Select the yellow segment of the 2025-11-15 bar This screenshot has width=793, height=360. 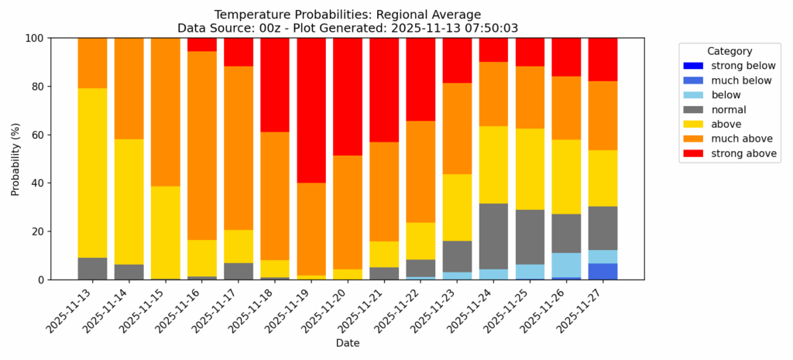point(165,232)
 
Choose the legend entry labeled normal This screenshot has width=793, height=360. point(728,110)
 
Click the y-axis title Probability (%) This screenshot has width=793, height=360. point(15,159)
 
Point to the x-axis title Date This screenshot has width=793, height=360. point(347,342)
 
